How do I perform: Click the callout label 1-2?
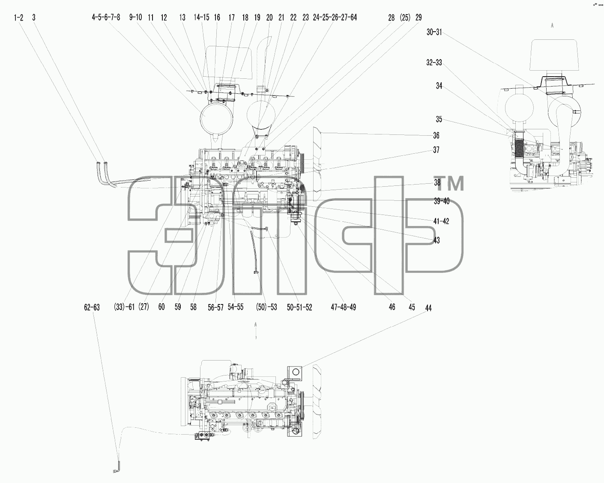pyautogui.click(x=18, y=18)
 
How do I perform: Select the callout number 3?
pyautogui.click(x=34, y=18)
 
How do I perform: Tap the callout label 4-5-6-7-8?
pyautogui.click(x=106, y=18)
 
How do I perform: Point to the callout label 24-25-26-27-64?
pyautogui.click(x=335, y=18)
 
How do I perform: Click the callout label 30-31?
pyautogui.click(x=434, y=32)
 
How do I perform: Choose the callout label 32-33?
pyautogui.click(x=434, y=63)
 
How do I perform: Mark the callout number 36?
pyautogui.click(x=436, y=136)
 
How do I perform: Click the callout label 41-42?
pyautogui.click(x=441, y=221)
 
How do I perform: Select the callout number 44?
pyautogui.click(x=428, y=308)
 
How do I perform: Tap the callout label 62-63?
pyautogui.click(x=92, y=307)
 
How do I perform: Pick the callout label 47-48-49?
pyautogui.click(x=343, y=307)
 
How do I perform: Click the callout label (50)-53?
pyautogui.click(x=266, y=307)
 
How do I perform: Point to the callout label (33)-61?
pyautogui.click(x=124, y=307)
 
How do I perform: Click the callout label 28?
pyautogui.click(x=391, y=18)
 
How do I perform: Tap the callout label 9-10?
pyautogui.click(x=135, y=18)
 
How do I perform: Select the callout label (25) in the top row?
pyautogui.click(x=405, y=18)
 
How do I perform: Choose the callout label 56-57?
pyautogui.click(x=215, y=307)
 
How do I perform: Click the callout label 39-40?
pyautogui.click(x=442, y=201)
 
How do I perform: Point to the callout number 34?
pyautogui.click(x=439, y=86)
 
